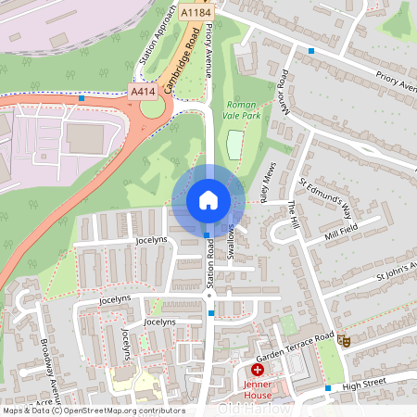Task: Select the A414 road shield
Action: [x=143, y=91]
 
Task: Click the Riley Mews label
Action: [x=266, y=191]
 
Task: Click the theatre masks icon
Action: [x=344, y=340]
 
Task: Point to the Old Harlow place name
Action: [x=254, y=409]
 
